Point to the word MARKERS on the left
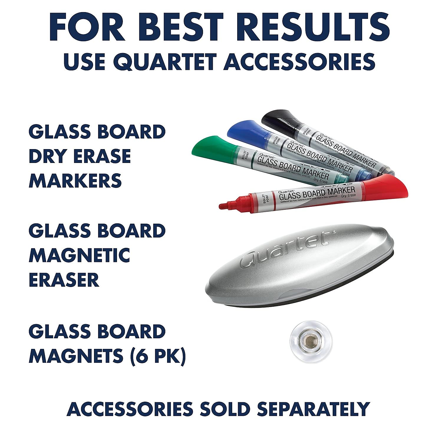(x=75, y=180)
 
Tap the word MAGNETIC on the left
(x=79, y=255)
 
